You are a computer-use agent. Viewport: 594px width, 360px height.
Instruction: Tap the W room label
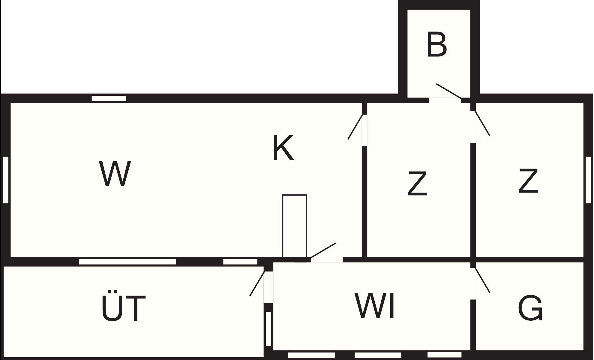[x=115, y=174]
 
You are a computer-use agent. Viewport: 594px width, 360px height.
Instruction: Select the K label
[x=283, y=148]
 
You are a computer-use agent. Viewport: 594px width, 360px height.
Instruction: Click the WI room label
[x=375, y=306]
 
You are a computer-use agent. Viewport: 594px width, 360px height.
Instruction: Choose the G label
[x=530, y=308]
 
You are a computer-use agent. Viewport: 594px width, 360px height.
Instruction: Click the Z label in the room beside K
[x=417, y=184]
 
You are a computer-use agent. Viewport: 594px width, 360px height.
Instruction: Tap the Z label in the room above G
[x=528, y=181]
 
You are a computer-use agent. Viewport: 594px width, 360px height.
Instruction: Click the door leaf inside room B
[x=448, y=91]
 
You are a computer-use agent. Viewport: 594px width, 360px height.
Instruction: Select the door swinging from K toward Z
[x=356, y=127]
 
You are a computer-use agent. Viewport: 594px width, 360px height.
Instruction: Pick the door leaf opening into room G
[x=482, y=280]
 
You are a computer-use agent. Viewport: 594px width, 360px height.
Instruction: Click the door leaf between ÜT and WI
[x=257, y=284]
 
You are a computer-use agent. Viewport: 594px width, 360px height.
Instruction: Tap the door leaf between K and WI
[x=323, y=250]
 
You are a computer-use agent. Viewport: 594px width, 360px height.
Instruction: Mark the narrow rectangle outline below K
[x=294, y=226]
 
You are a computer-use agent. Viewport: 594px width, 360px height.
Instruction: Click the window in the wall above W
[x=109, y=98]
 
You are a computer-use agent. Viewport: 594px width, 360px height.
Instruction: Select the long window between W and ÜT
[x=127, y=262]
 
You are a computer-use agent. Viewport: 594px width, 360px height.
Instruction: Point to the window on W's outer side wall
[x=6, y=180]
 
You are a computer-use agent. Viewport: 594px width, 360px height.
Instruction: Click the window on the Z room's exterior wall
[x=588, y=180]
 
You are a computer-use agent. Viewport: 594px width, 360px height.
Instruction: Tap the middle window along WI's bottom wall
[x=378, y=355]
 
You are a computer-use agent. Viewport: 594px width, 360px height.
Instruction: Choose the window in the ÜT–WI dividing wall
[x=268, y=329]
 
